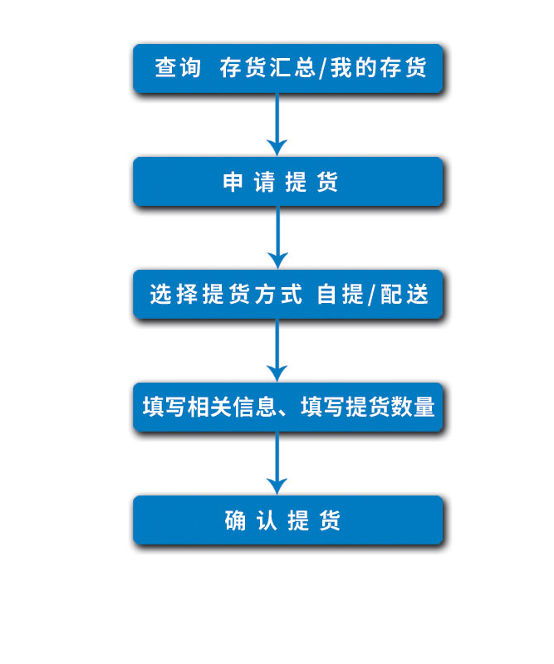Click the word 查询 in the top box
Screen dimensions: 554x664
(178, 68)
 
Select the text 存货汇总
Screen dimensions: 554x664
(268, 68)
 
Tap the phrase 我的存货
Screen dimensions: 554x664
(379, 68)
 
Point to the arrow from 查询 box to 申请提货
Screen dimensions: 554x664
(277, 124)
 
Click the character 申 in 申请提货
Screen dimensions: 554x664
(233, 182)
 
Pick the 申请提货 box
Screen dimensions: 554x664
(288, 182)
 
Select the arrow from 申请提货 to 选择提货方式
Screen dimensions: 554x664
(277, 237)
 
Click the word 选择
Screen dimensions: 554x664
(174, 295)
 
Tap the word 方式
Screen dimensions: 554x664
(279, 295)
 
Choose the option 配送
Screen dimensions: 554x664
(404, 295)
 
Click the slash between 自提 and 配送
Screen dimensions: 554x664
(372, 295)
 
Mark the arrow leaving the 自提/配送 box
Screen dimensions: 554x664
(277, 350)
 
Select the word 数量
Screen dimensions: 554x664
(413, 407)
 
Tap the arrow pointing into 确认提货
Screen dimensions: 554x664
(277, 463)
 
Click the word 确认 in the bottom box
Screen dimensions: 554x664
(251, 520)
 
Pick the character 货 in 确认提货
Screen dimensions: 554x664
(330, 520)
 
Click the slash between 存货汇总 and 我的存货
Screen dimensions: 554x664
(323, 69)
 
